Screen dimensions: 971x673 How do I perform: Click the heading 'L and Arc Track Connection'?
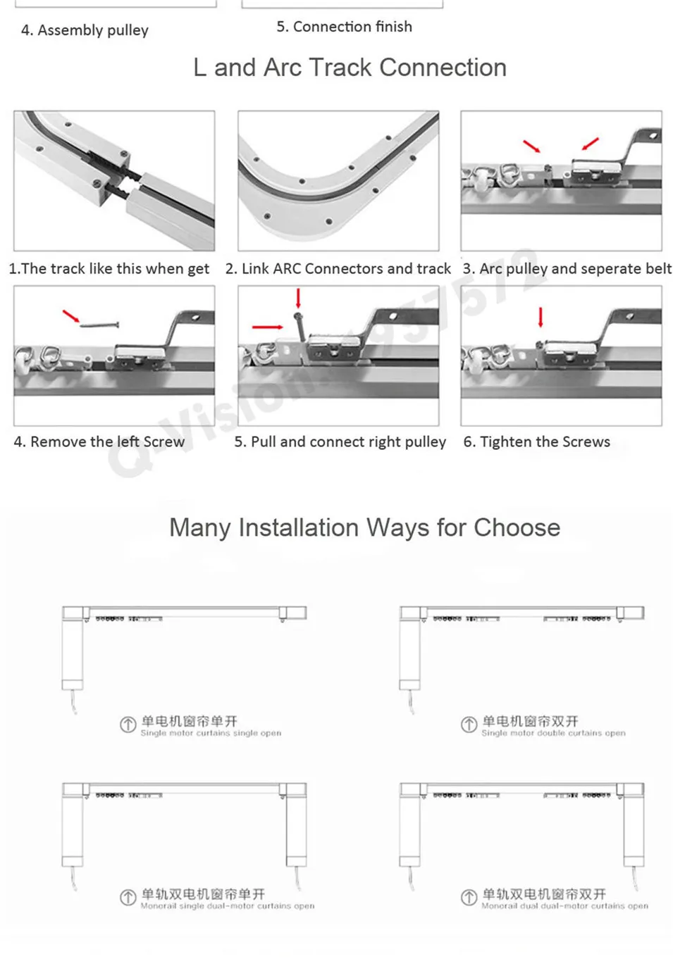click(350, 68)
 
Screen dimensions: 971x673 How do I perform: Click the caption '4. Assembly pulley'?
click(85, 30)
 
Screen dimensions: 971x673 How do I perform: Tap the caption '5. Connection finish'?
click(344, 27)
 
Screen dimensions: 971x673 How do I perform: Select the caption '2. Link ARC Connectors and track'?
click(338, 269)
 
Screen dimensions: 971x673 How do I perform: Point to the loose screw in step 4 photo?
click(99, 325)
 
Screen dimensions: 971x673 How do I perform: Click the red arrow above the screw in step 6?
click(541, 317)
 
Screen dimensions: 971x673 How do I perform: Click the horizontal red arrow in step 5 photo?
click(267, 327)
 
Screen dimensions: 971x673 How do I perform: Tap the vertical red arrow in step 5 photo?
click(298, 297)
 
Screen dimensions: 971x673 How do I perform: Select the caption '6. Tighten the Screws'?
click(536, 442)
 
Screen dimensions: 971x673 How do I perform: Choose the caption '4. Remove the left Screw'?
click(99, 442)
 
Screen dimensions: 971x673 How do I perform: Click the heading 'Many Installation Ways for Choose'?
click(364, 527)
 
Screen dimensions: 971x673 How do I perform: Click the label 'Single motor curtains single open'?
click(211, 733)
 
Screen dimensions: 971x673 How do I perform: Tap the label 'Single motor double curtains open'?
click(553, 733)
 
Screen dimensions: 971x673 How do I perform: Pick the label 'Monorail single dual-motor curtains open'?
click(227, 906)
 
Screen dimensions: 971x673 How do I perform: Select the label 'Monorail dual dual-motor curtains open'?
click(564, 906)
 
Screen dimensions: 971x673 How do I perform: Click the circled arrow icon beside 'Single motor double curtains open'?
click(469, 725)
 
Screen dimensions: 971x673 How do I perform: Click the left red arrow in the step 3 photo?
click(531, 146)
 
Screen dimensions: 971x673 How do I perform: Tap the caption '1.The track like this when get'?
click(109, 269)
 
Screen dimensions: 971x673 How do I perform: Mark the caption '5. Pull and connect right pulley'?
click(340, 442)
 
